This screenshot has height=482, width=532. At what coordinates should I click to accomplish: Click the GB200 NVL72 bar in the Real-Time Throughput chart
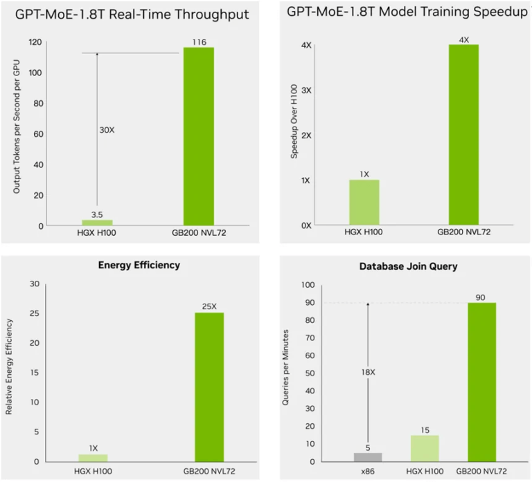point(199,136)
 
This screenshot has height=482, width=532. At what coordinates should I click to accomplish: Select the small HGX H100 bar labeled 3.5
point(97,222)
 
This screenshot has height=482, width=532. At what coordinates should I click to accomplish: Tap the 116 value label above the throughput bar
point(199,42)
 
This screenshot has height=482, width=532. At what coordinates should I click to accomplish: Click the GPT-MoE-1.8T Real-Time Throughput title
point(132,14)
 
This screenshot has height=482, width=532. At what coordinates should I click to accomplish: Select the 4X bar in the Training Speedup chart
point(463,135)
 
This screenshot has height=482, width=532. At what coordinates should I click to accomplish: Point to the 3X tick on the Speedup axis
point(305,91)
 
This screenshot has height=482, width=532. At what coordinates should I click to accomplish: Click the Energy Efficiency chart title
point(139,265)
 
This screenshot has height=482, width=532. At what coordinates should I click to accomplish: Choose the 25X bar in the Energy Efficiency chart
point(209,387)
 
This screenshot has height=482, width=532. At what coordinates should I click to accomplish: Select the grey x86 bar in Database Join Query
point(367,457)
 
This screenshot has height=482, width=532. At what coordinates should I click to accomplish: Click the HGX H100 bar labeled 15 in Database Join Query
point(425,448)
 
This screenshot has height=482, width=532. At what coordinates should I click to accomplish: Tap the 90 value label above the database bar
point(481,297)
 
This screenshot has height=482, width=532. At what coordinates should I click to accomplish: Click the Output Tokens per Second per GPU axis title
point(17,134)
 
